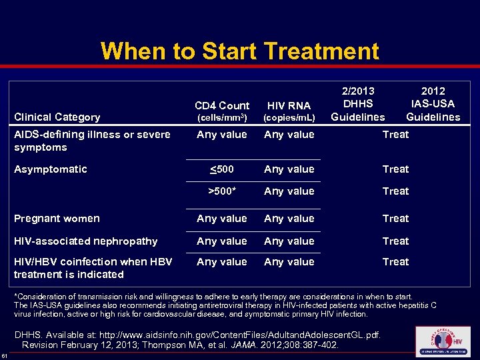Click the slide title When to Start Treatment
point(239,51)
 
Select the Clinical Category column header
point(57,117)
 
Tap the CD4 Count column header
point(222,111)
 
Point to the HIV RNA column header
point(289,111)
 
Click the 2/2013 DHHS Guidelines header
point(358,104)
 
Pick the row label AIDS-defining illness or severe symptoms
point(91,141)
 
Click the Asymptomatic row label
point(50,169)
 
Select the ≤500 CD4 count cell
point(222,169)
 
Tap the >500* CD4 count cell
point(222,191)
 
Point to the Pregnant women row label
point(57,219)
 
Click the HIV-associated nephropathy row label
point(85,241)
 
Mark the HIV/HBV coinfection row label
point(92,268)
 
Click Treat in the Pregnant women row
point(395,219)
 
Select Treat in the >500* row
point(395,191)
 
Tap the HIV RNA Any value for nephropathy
point(289,241)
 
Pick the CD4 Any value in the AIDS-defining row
point(222,135)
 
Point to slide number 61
point(5,354)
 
